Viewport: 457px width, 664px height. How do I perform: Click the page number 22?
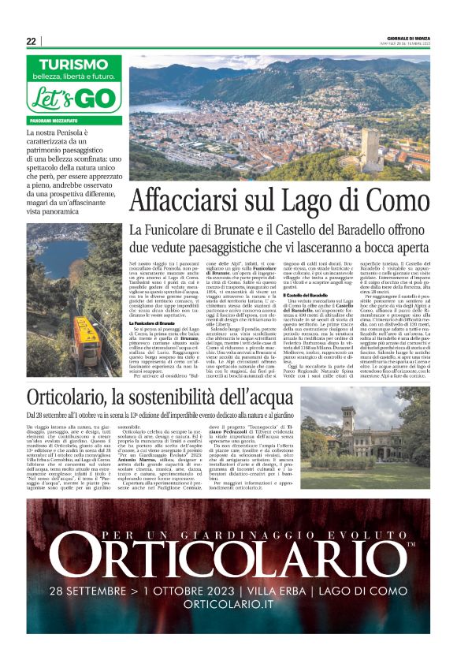tap(31, 41)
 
